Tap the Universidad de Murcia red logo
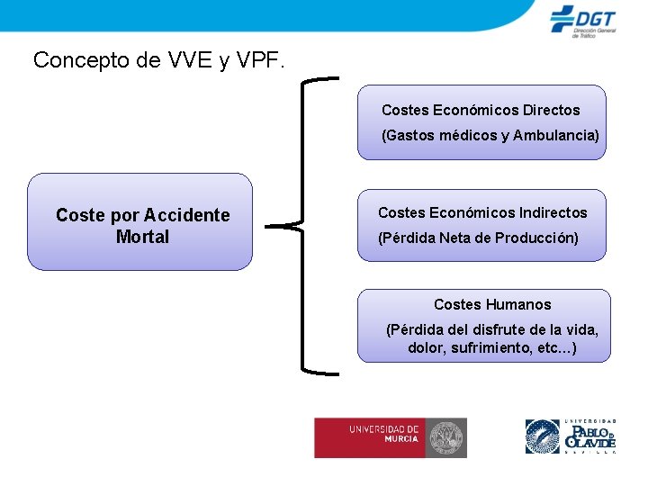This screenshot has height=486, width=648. [x=390, y=437]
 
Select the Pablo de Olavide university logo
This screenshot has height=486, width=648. [x=571, y=437]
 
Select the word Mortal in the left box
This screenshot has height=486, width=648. [x=142, y=237]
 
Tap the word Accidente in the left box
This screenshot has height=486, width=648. [x=187, y=215]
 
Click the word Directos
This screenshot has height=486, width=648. [x=552, y=110]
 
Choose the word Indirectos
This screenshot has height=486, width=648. [x=553, y=212]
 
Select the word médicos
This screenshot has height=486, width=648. [x=469, y=135]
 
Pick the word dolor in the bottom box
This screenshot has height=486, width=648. [x=423, y=347]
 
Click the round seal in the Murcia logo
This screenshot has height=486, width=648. [x=446, y=437]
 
